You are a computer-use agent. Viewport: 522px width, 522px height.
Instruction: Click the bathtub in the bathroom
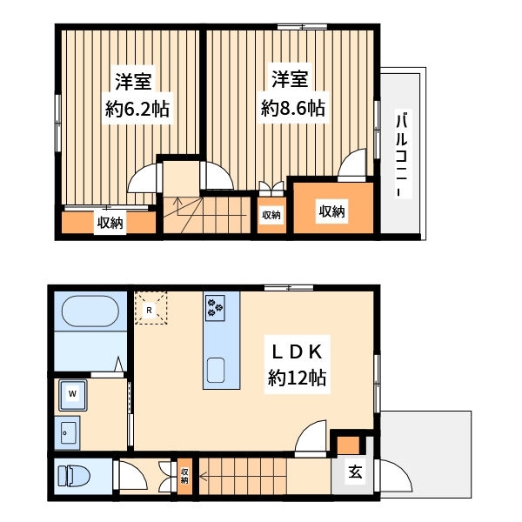90,311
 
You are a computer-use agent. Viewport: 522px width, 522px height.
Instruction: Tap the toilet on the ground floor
74,476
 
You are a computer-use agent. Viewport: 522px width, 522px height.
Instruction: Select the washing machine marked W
73,395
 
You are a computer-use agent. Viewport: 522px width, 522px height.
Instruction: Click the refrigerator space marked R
151,308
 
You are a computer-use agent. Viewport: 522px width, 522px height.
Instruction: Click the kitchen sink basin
216,370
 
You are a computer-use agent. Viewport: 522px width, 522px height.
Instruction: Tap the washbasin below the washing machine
67,433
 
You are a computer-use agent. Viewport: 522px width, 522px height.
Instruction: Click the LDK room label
298,352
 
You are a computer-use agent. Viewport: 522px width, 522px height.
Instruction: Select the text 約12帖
297,378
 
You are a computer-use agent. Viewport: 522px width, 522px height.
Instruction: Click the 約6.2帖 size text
137,109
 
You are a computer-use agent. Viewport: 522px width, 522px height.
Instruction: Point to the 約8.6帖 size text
293,108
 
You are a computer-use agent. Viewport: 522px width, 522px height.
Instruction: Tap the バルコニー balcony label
403,153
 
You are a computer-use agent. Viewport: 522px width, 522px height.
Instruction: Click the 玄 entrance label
355,472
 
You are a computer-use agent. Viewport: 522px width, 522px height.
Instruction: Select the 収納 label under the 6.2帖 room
110,223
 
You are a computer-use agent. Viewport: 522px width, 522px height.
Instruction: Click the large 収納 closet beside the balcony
333,208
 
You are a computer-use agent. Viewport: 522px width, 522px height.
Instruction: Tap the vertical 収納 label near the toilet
184,476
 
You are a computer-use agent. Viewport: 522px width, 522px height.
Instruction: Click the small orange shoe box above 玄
349,445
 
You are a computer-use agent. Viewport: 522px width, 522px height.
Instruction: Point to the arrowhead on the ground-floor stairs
203,477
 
